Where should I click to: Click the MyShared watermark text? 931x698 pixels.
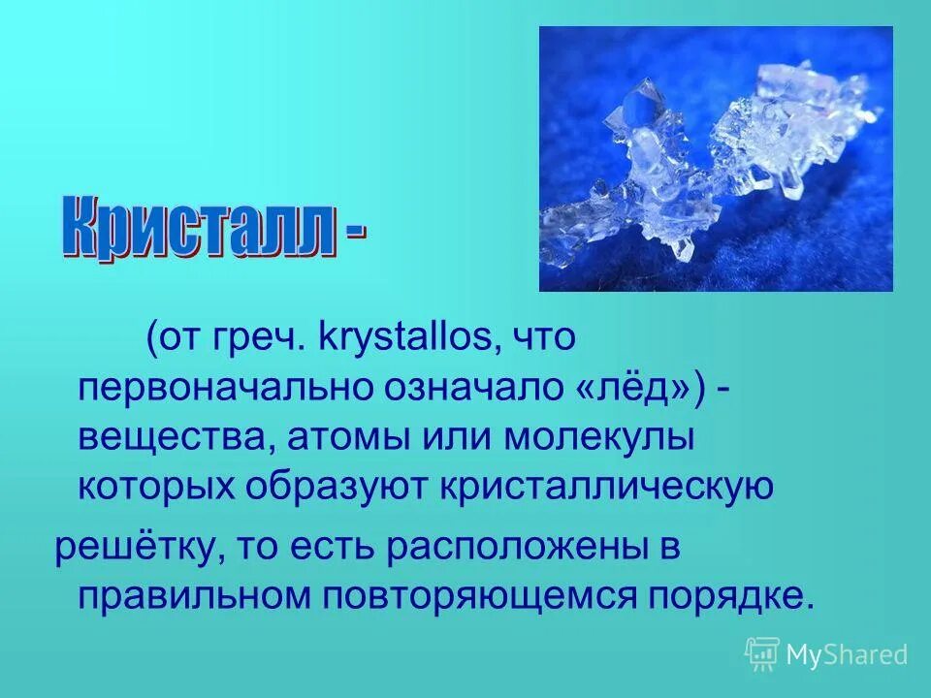846,654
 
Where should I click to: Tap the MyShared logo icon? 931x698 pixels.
762,653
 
